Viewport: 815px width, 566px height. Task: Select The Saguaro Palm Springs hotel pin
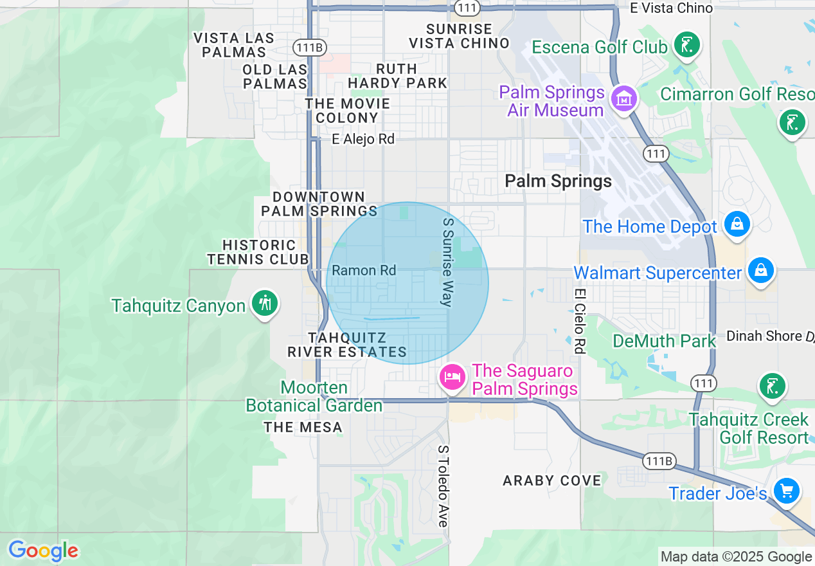[452, 376]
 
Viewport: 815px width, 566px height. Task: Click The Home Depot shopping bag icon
[737, 224]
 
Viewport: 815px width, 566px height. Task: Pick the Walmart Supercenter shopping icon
[761, 269]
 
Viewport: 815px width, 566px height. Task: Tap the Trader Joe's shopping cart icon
[786, 491]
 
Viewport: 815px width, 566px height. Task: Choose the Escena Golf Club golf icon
[686, 45]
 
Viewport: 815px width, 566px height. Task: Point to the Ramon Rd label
[364, 271]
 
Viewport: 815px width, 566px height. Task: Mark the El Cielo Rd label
[579, 320]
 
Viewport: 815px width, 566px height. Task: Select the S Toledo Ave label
[443, 486]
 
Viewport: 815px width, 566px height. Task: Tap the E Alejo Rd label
[363, 139]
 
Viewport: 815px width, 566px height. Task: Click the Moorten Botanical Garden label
[314, 397]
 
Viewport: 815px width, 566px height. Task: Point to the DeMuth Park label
[664, 341]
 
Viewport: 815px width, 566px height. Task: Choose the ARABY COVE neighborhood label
[552, 480]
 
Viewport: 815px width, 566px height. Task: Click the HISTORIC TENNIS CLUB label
[258, 252]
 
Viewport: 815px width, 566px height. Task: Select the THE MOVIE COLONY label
[347, 111]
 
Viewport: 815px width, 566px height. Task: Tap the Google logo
[43, 551]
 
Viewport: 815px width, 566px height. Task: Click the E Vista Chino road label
[671, 8]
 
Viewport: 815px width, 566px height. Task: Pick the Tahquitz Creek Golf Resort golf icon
[771, 387]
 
